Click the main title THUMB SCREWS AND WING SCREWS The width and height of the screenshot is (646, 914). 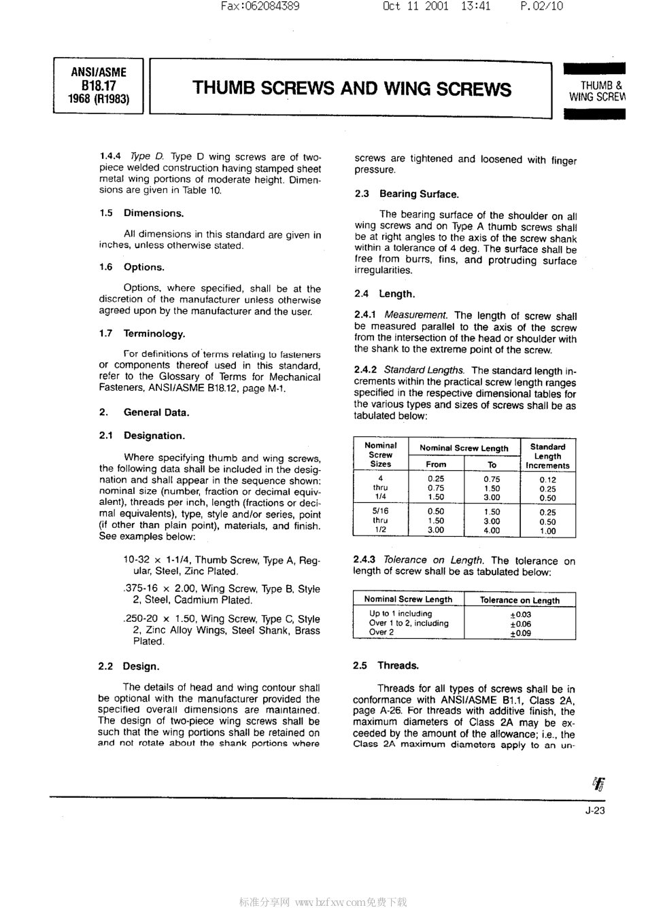click(x=352, y=89)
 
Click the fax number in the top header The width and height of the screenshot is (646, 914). click(x=260, y=7)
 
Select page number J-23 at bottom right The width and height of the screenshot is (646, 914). click(x=594, y=810)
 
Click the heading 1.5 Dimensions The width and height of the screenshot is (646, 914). click(x=141, y=213)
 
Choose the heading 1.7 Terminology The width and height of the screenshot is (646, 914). click(x=141, y=334)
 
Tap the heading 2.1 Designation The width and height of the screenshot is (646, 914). click(x=141, y=436)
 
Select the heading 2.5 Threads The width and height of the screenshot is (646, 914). click(x=386, y=666)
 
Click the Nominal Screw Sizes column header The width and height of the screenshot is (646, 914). click(x=380, y=455)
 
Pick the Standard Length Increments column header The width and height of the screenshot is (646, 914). click(x=547, y=456)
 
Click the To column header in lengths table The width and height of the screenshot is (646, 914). click(x=492, y=465)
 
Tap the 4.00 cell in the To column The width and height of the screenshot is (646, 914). click(x=491, y=531)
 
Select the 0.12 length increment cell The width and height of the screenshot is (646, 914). click(x=547, y=480)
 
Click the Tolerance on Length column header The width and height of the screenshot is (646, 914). click(x=520, y=600)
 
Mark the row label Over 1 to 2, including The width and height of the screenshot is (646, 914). click(x=409, y=623)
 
